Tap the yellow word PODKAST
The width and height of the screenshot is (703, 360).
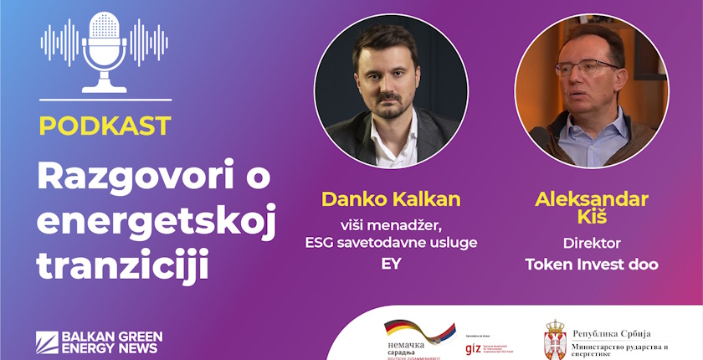pyautogui.click(x=105, y=126)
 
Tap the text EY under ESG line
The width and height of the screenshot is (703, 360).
pyautogui.click(x=390, y=264)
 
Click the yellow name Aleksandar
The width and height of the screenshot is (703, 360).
pyautogui.click(x=591, y=198)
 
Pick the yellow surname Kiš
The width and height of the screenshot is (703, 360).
pyautogui.click(x=591, y=219)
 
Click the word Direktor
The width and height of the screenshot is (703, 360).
pyautogui.click(x=591, y=244)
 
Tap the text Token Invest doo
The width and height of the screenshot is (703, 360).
pyautogui.click(x=591, y=265)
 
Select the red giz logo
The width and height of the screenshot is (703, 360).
pyautogui.click(x=473, y=347)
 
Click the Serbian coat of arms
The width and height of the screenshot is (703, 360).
pyautogui.click(x=555, y=340)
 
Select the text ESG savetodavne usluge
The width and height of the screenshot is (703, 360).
pyautogui.click(x=391, y=243)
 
